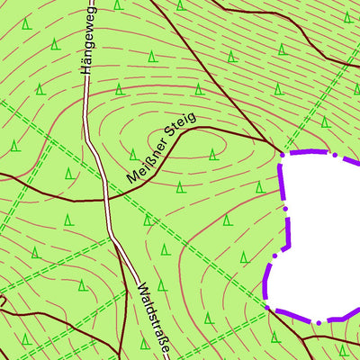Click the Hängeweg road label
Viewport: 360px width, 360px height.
(x=87, y=38)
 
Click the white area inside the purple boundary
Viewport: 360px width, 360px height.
(x=324, y=234)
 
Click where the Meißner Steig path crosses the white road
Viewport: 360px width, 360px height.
(x=108, y=198)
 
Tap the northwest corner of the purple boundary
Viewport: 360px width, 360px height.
(x=282, y=156)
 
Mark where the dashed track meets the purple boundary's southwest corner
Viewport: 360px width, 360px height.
(x=267, y=306)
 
